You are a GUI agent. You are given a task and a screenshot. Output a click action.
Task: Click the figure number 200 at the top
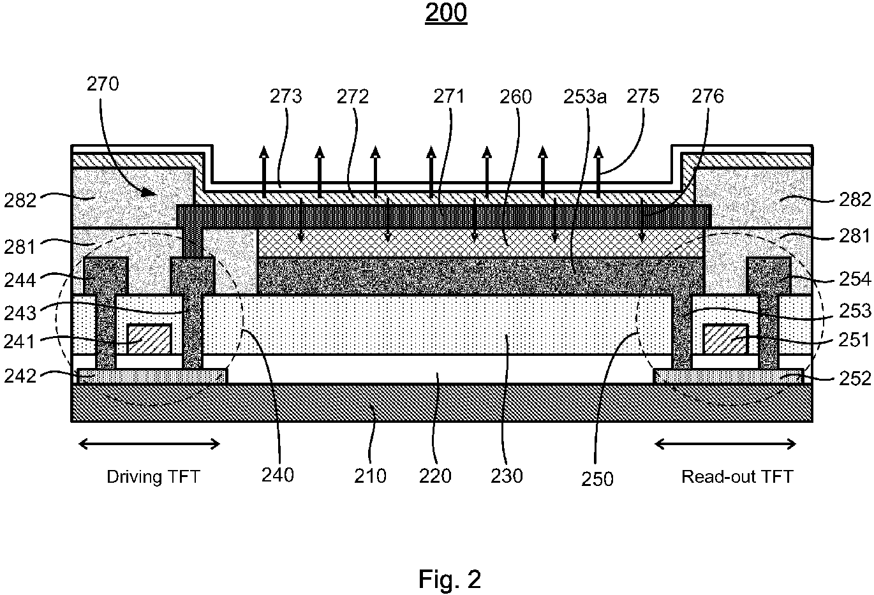446,13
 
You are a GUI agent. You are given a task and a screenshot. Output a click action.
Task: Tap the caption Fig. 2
449,579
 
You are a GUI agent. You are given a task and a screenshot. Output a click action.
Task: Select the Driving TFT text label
152,477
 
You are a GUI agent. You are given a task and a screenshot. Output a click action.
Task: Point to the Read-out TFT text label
737,477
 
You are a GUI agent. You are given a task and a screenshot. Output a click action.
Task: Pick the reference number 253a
585,97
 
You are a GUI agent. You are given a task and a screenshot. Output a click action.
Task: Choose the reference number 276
707,96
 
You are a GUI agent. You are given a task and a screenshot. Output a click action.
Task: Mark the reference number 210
371,476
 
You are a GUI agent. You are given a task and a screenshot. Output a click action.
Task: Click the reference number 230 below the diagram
507,476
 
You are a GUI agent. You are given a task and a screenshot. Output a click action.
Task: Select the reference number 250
597,478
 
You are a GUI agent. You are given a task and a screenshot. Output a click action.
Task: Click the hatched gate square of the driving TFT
149,339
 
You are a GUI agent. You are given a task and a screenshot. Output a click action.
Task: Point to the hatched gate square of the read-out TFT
725,339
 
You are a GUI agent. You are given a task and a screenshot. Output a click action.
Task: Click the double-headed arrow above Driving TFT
149,444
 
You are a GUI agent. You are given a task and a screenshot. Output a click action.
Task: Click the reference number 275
642,97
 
